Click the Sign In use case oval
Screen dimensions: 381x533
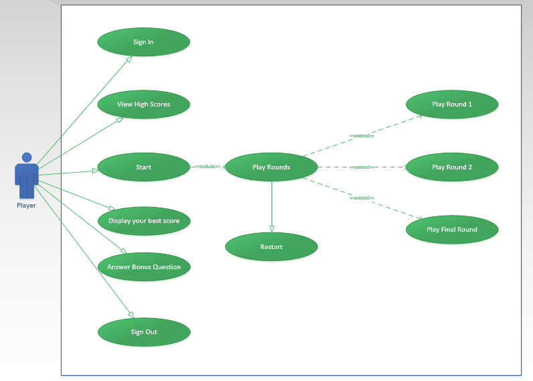coord(144,42)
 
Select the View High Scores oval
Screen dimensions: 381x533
coord(144,104)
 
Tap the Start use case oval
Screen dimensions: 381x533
coord(144,167)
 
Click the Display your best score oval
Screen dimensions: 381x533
coord(144,221)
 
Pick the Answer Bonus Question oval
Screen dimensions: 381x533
coord(144,267)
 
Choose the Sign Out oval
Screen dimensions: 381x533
coord(144,332)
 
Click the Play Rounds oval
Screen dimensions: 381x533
coord(272,167)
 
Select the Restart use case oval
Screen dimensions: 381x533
coord(272,247)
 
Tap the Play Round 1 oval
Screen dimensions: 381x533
coord(452,104)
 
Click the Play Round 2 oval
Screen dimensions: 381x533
coord(452,167)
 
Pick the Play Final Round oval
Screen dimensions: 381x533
coord(452,230)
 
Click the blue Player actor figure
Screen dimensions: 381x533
coord(27,177)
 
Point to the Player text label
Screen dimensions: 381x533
coord(27,206)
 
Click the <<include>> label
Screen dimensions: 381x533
coord(207,167)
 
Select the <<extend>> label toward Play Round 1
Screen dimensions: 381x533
coord(361,136)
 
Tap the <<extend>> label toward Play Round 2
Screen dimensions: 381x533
coord(361,167)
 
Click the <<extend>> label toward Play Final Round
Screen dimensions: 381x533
coord(361,198)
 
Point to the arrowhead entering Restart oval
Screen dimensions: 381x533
coord(272,229)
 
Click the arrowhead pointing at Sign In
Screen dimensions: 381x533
coord(128,59)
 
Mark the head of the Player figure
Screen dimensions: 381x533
coord(27,157)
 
